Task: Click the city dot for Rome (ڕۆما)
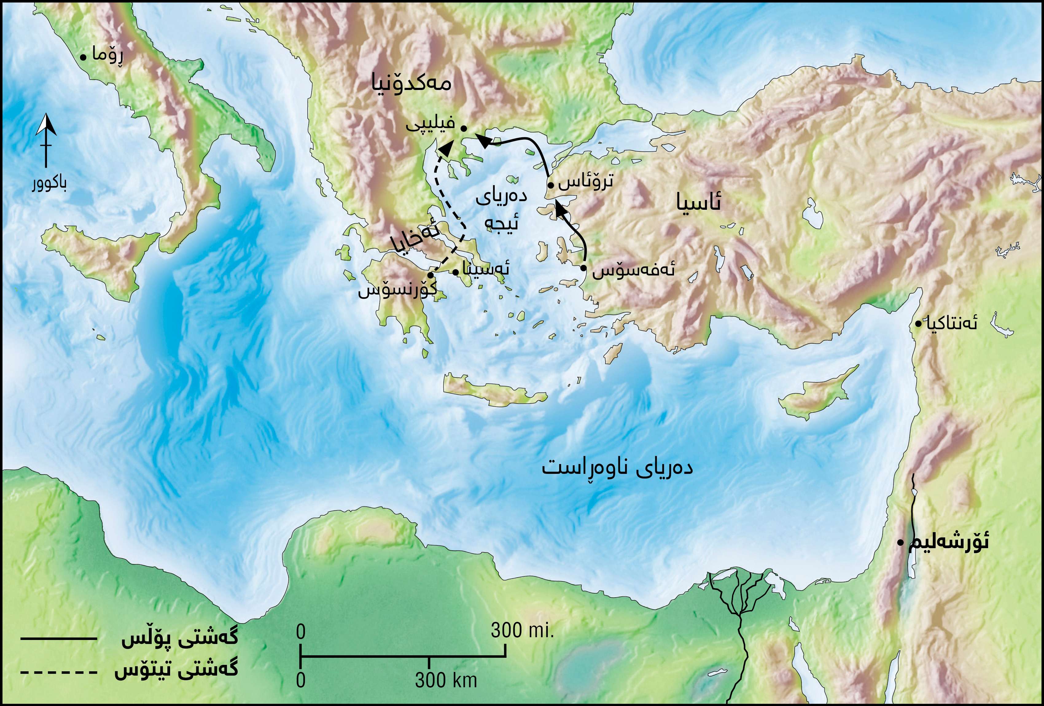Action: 83,57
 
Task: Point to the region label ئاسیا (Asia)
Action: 699,203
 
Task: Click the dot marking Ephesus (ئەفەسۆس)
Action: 583,268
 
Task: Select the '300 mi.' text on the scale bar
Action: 522,630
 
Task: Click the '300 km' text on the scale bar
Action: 446,680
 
